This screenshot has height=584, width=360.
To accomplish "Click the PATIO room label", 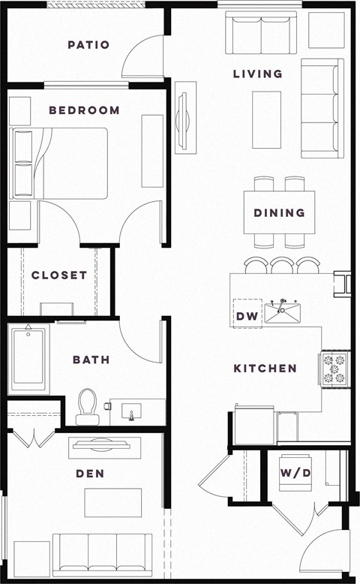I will pyautogui.click(x=88, y=45).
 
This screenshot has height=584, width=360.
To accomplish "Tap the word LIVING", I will pyautogui.click(x=257, y=74).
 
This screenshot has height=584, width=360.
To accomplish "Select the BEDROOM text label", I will pyautogui.click(x=84, y=110).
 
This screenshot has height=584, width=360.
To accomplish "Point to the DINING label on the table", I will pyautogui.click(x=279, y=212).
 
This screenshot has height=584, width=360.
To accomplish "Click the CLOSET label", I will pyautogui.click(x=59, y=275).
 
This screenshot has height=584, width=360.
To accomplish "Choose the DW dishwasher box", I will pyautogui.click(x=247, y=316).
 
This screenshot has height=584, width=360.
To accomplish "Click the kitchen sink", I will pyautogui.click(x=282, y=312).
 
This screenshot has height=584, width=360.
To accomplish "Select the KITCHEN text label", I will pyautogui.click(x=265, y=369).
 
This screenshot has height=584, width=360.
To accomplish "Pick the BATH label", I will pyautogui.click(x=91, y=360).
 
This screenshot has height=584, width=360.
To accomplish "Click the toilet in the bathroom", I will pyautogui.click(x=87, y=405).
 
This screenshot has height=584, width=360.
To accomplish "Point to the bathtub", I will pyautogui.click(x=28, y=359).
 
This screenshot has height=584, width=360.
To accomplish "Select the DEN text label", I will pyautogui.click(x=89, y=474).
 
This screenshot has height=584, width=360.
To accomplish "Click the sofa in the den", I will pyautogui.click(x=102, y=555).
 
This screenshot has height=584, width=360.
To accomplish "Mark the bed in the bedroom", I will pyautogui.click(x=60, y=163).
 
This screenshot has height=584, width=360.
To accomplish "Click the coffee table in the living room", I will pyautogui.click(x=266, y=119).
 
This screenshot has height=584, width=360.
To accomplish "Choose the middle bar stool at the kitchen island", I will pyautogui.click(x=282, y=266).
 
